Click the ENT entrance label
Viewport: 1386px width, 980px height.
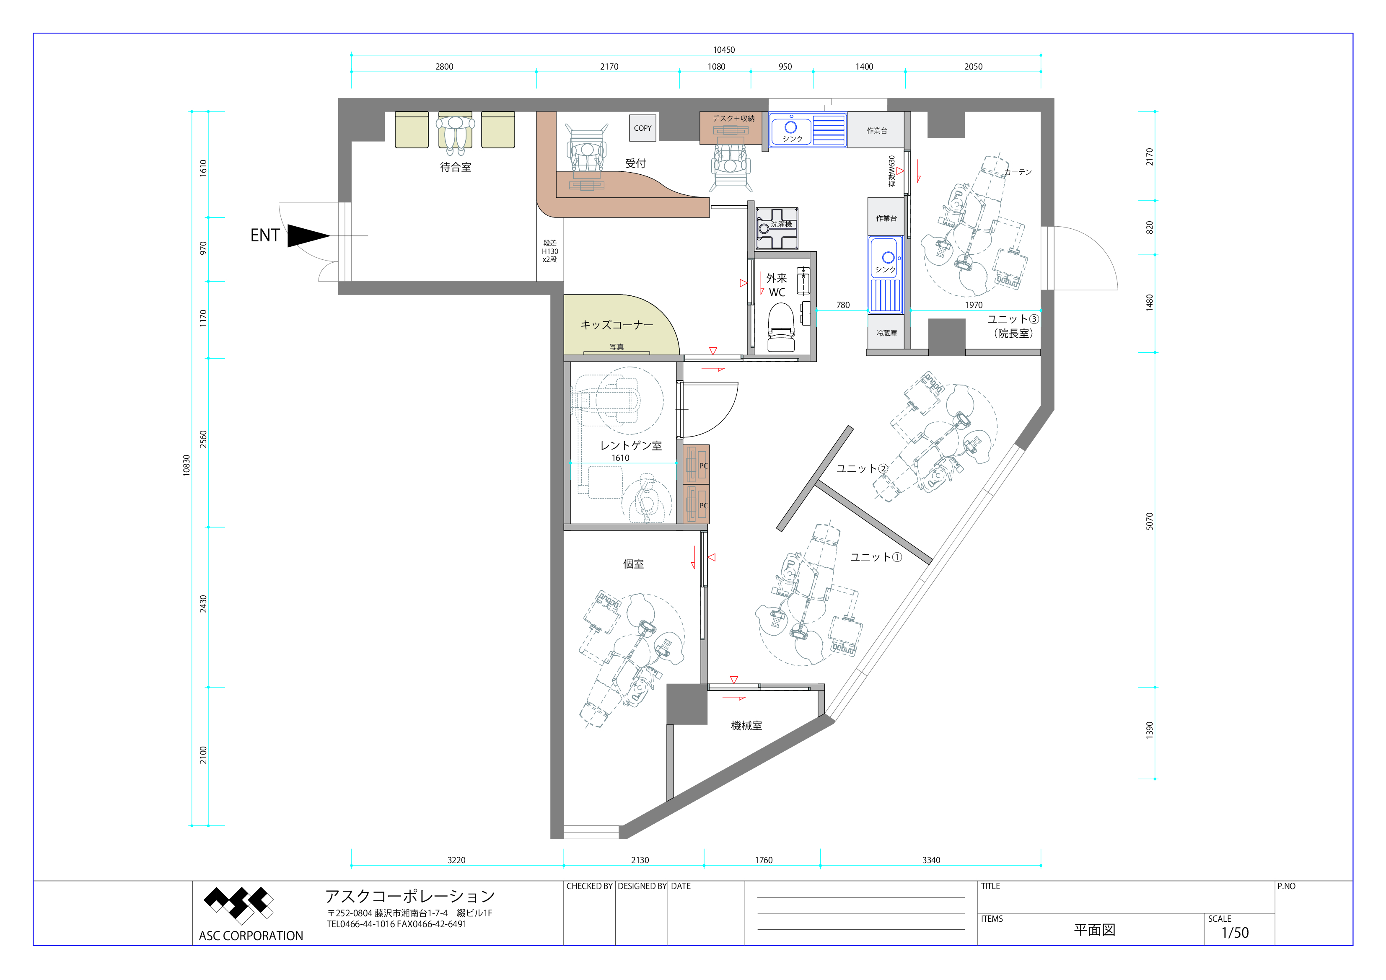tap(265, 235)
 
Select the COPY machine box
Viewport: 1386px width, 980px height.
tap(642, 128)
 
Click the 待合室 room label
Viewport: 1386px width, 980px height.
tap(456, 167)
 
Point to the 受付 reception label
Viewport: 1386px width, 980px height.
tap(636, 163)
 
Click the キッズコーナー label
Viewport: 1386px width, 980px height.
tap(617, 325)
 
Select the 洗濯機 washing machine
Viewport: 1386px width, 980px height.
tap(777, 228)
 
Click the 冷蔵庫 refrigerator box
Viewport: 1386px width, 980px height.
tap(886, 333)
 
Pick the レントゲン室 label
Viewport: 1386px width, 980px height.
tap(631, 445)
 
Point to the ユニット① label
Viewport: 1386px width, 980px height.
tap(876, 557)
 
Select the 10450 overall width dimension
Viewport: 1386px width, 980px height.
tap(724, 50)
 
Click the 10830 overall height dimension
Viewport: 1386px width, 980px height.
tap(187, 465)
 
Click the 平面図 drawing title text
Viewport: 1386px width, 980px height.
tap(1094, 930)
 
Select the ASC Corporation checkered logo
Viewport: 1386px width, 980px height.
tap(238, 905)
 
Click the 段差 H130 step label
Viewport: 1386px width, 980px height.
tap(550, 251)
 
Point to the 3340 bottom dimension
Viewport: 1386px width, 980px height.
tap(931, 860)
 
